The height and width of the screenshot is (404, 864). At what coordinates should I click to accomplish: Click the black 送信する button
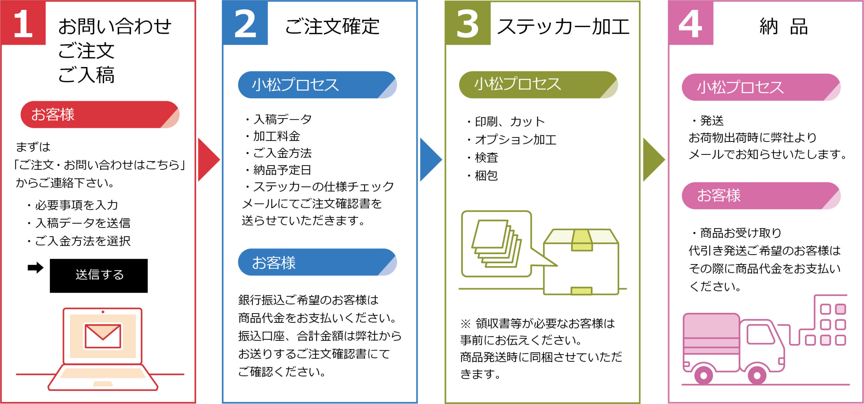pyautogui.click(x=99, y=276)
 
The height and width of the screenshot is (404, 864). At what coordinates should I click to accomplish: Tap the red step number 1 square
pyautogui.click(x=23, y=23)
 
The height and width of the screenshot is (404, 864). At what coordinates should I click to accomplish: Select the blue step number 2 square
pyautogui.click(x=245, y=23)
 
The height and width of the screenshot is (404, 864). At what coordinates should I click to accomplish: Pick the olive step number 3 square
pyautogui.click(x=468, y=23)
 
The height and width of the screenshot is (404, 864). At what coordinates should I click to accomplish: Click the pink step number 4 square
pyautogui.click(x=691, y=23)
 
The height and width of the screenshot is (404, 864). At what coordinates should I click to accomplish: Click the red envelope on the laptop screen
pyautogui.click(x=103, y=336)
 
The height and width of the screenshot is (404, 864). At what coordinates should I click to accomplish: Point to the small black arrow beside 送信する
pyautogui.click(x=35, y=268)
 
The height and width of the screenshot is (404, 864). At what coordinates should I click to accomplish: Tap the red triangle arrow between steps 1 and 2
pyautogui.click(x=208, y=160)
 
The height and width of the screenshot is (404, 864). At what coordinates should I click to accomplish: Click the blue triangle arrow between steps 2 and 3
pyautogui.click(x=430, y=160)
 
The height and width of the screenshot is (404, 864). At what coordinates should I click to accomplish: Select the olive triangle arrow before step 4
pyautogui.click(x=653, y=160)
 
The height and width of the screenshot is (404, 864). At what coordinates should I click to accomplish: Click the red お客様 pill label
pyautogui.click(x=100, y=115)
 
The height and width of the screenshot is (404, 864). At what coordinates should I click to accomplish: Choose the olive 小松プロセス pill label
pyautogui.click(x=538, y=85)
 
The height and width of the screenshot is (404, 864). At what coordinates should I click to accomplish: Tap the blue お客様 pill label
pyautogui.click(x=317, y=262)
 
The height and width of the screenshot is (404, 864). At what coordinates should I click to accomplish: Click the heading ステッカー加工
pyautogui.click(x=563, y=26)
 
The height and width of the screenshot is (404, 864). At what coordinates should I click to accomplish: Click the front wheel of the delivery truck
pyautogui.click(x=757, y=375)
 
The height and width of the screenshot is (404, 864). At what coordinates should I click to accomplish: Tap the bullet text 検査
pyautogui.click(x=486, y=157)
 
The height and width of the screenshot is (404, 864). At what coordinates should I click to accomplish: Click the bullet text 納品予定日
pyautogui.click(x=282, y=170)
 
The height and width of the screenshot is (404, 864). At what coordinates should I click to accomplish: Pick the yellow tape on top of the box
pyautogui.click(x=582, y=240)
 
